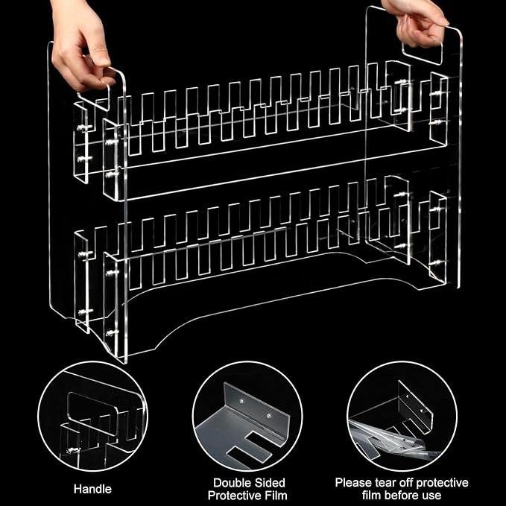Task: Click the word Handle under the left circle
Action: click(92, 489)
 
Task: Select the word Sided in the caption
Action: click(269, 483)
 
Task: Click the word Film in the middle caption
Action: click(276, 495)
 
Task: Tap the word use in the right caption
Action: click(431, 496)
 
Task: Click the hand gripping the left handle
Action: click(81, 42)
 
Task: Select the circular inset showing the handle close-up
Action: click(92, 417)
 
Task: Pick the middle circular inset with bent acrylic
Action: click(247, 417)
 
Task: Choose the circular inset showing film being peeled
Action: click(402, 417)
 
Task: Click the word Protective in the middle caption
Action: click(235, 495)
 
